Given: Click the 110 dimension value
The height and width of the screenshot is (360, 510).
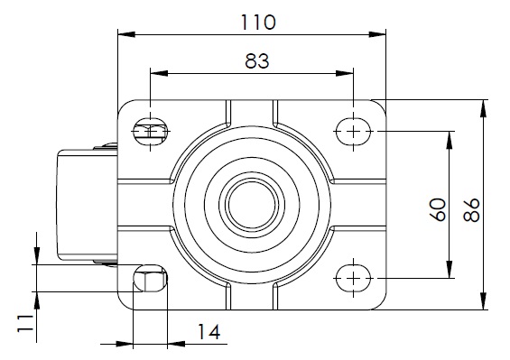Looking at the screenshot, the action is point(258,23).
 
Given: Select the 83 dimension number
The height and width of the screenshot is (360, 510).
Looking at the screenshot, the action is point(257,61).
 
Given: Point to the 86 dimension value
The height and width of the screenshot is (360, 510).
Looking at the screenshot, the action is point(471,209).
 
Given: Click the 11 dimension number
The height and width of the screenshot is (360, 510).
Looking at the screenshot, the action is point(25,323).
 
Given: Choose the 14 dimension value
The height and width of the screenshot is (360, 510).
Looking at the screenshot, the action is point(209,332).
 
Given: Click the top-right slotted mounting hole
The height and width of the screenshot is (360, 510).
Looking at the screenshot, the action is point(353,132).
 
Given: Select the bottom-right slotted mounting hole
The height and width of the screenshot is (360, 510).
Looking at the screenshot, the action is point(353,279).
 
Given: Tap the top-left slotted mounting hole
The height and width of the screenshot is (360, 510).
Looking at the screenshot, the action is point(150,132).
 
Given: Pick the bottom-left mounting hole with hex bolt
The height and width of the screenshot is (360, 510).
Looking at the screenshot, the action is point(150,279).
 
